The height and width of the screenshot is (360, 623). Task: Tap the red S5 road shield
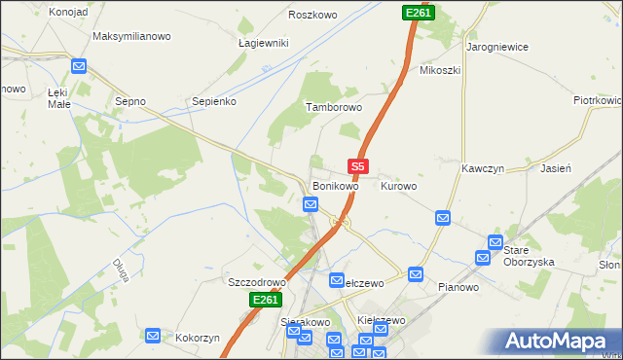click(357, 166)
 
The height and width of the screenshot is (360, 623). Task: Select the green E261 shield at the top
click(418, 12)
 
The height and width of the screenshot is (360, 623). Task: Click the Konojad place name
click(40, 12)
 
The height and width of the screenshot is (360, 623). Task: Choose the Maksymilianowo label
click(131, 36)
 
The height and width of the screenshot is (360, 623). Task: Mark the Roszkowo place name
click(312, 15)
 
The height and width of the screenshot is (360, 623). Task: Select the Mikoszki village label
click(439, 70)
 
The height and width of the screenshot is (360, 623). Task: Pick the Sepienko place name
click(214, 100)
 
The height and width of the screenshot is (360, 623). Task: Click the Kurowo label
click(399, 185)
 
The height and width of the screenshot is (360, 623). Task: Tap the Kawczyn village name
click(481, 167)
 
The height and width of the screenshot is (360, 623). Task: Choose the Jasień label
click(554, 167)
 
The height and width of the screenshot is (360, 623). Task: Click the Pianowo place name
click(458, 287)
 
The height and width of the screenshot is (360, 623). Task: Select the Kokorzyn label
click(198, 338)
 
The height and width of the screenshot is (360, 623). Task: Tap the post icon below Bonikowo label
click(310, 204)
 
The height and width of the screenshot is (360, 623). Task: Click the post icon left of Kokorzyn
click(153, 336)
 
